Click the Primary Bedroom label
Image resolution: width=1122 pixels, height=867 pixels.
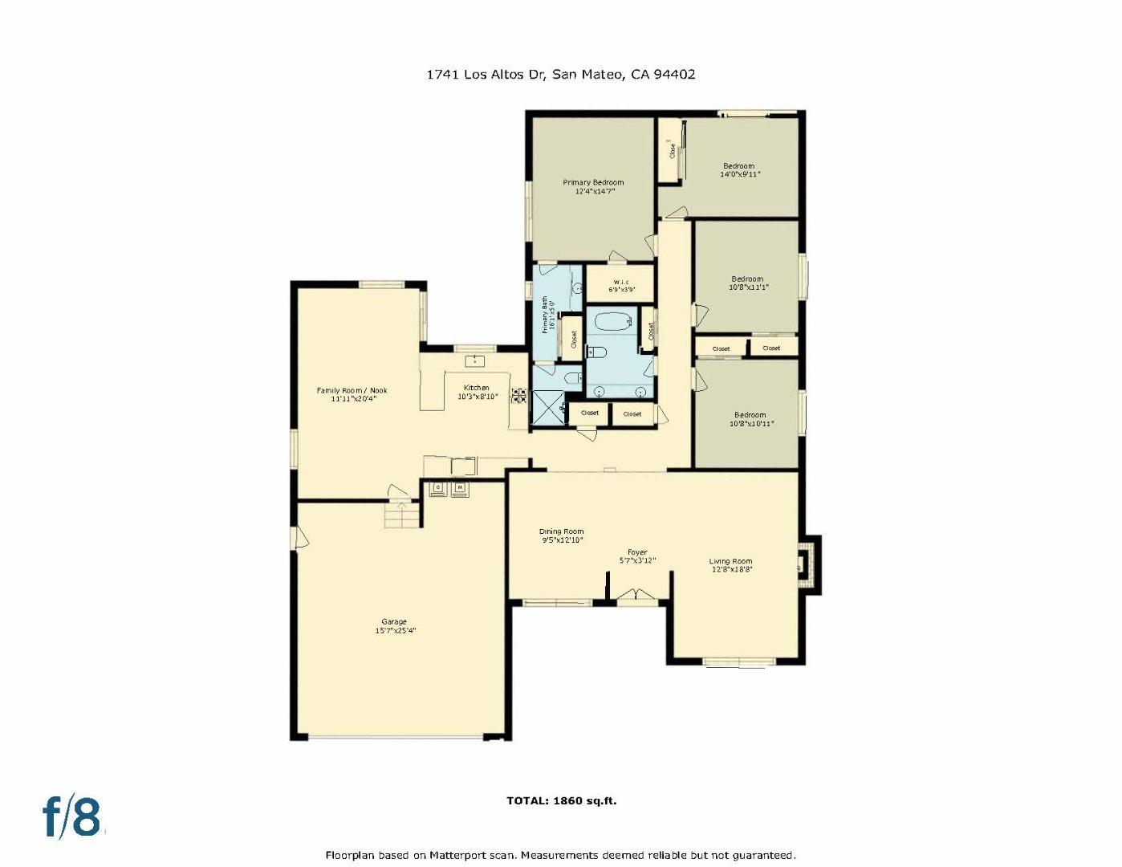point(593,186)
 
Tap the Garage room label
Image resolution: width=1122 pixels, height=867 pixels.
point(394,625)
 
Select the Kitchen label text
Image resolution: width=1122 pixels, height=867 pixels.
point(477,392)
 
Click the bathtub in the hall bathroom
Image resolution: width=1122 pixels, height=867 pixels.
point(613,323)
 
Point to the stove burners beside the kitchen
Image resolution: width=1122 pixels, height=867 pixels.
point(519,396)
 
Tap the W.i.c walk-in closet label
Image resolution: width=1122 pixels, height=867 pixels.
point(621,285)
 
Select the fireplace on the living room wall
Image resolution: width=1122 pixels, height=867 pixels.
point(809,564)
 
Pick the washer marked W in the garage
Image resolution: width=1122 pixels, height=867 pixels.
point(460,487)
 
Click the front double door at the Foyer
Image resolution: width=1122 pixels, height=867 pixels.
point(636,596)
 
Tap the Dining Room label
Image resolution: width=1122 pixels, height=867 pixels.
point(562,535)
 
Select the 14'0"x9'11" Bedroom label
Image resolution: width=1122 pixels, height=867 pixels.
point(739,169)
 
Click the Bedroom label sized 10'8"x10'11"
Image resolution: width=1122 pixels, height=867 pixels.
point(750,419)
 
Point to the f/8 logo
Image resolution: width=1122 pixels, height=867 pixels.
point(72,817)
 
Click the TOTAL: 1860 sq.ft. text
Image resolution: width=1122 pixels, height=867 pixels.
point(561,800)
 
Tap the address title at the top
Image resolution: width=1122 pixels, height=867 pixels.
point(560,74)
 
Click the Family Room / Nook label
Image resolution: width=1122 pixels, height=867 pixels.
point(352,394)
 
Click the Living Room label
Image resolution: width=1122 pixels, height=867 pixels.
point(731,565)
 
